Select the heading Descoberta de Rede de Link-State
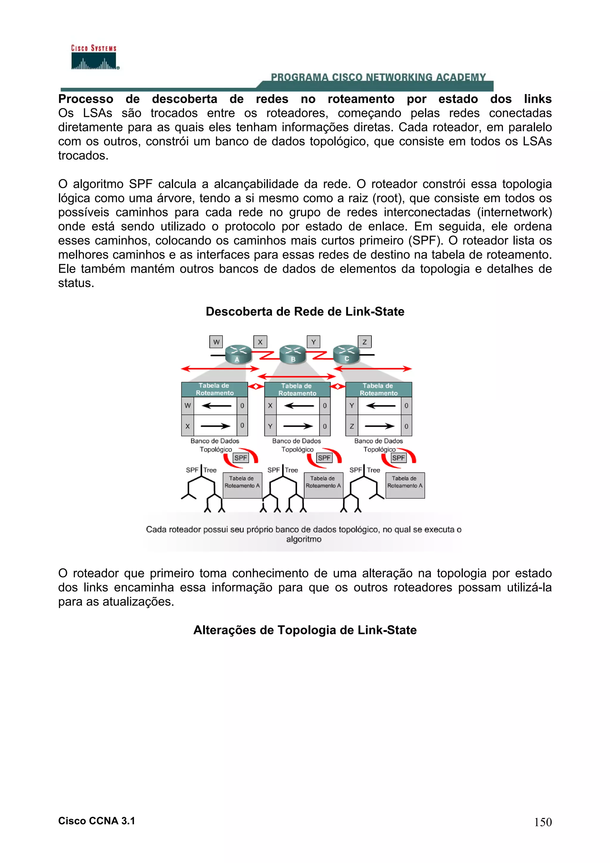(x=305, y=311)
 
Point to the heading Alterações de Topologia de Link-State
(x=305, y=630)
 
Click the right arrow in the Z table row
(x=379, y=426)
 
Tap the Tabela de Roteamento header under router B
(x=297, y=390)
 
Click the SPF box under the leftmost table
(x=241, y=458)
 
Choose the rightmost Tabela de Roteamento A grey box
(x=405, y=485)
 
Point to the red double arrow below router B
(x=297, y=376)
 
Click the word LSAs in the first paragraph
(x=97, y=113)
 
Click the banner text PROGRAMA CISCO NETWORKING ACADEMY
(x=378, y=77)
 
